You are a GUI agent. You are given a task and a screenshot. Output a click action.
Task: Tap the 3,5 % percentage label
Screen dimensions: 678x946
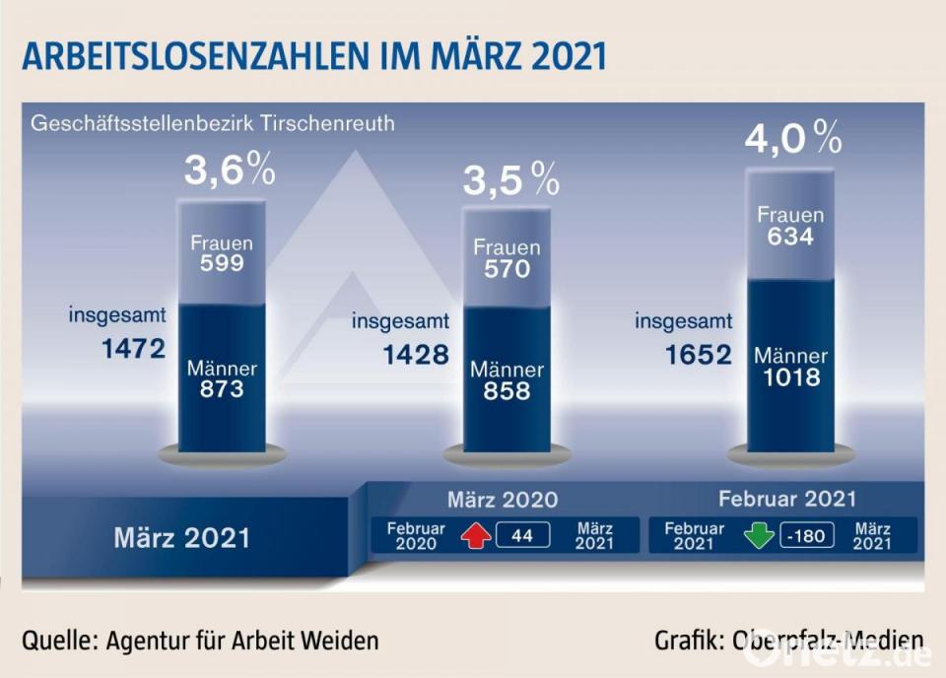click(x=510, y=180)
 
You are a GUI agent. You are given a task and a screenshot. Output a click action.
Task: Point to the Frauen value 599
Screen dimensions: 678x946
click(x=221, y=263)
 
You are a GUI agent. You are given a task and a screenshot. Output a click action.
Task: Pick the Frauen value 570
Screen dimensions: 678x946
click(x=507, y=268)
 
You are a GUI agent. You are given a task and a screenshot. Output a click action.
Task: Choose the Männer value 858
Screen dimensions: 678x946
click(x=507, y=390)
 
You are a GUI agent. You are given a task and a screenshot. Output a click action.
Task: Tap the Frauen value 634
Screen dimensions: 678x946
click(x=790, y=237)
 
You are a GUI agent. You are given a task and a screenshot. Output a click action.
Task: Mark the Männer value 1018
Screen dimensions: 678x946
click(x=790, y=376)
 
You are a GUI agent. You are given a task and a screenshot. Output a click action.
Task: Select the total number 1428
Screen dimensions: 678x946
click(x=416, y=354)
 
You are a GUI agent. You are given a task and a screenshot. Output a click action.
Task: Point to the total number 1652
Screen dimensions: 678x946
click(x=698, y=354)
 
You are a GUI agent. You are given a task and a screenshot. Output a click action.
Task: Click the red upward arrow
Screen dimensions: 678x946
click(x=476, y=536)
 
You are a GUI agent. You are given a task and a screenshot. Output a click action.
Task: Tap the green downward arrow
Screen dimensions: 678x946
click(x=759, y=536)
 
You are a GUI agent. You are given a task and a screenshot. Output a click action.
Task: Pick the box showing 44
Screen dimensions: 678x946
click(x=522, y=536)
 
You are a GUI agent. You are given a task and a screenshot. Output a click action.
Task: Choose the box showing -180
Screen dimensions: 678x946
click(x=807, y=536)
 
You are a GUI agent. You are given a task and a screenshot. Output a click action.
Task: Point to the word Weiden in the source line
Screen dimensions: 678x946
click(x=341, y=641)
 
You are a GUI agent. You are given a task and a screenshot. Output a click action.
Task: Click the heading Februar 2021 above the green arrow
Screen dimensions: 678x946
click(x=786, y=499)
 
